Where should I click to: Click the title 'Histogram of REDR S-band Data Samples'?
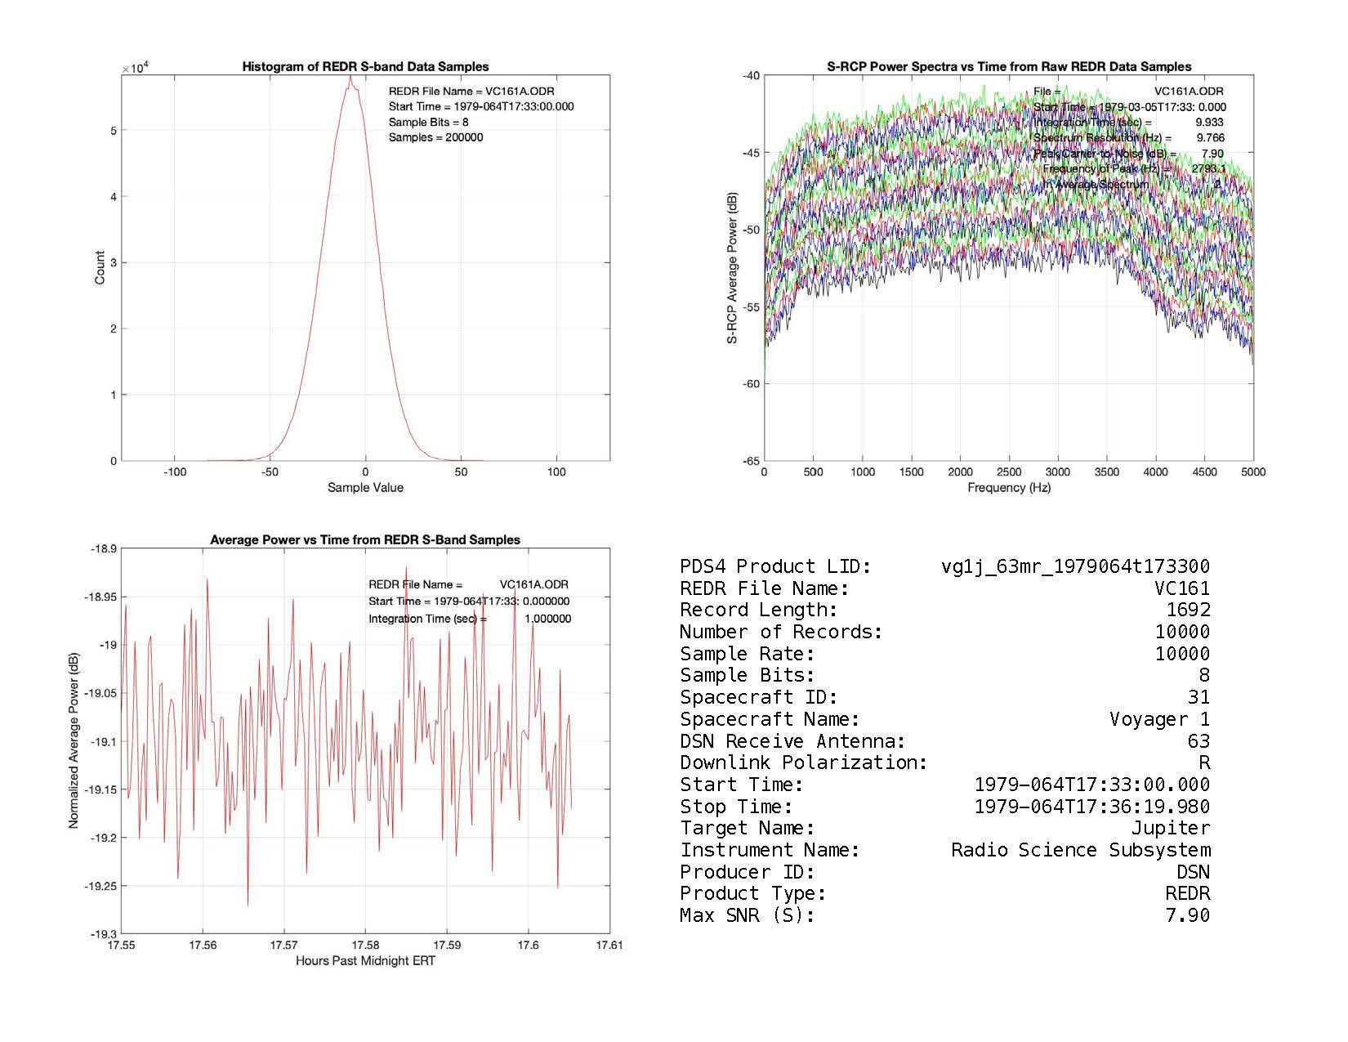click(x=365, y=67)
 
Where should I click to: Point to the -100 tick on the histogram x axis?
click(x=175, y=472)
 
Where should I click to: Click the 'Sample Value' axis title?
click(x=365, y=488)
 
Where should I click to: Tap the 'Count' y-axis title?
click(x=100, y=268)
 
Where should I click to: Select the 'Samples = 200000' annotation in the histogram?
click(x=435, y=137)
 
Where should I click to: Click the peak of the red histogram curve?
click(x=350, y=78)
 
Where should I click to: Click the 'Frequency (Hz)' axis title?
click(x=1009, y=488)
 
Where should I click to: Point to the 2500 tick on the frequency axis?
click(x=1009, y=472)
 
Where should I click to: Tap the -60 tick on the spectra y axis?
click(x=751, y=384)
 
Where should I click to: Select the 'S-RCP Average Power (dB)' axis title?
click(x=732, y=268)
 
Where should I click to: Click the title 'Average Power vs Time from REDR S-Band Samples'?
click(x=365, y=540)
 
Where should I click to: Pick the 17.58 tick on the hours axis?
click(x=365, y=946)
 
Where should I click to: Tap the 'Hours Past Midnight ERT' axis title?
click(x=365, y=961)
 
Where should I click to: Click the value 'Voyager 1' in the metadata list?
click(x=1159, y=720)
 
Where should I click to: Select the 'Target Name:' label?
click(x=747, y=829)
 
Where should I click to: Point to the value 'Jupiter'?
click(x=1171, y=829)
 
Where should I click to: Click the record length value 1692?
click(x=1188, y=610)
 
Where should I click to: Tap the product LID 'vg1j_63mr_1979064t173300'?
click(x=1075, y=567)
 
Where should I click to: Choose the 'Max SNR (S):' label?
click(x=747, y=916)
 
